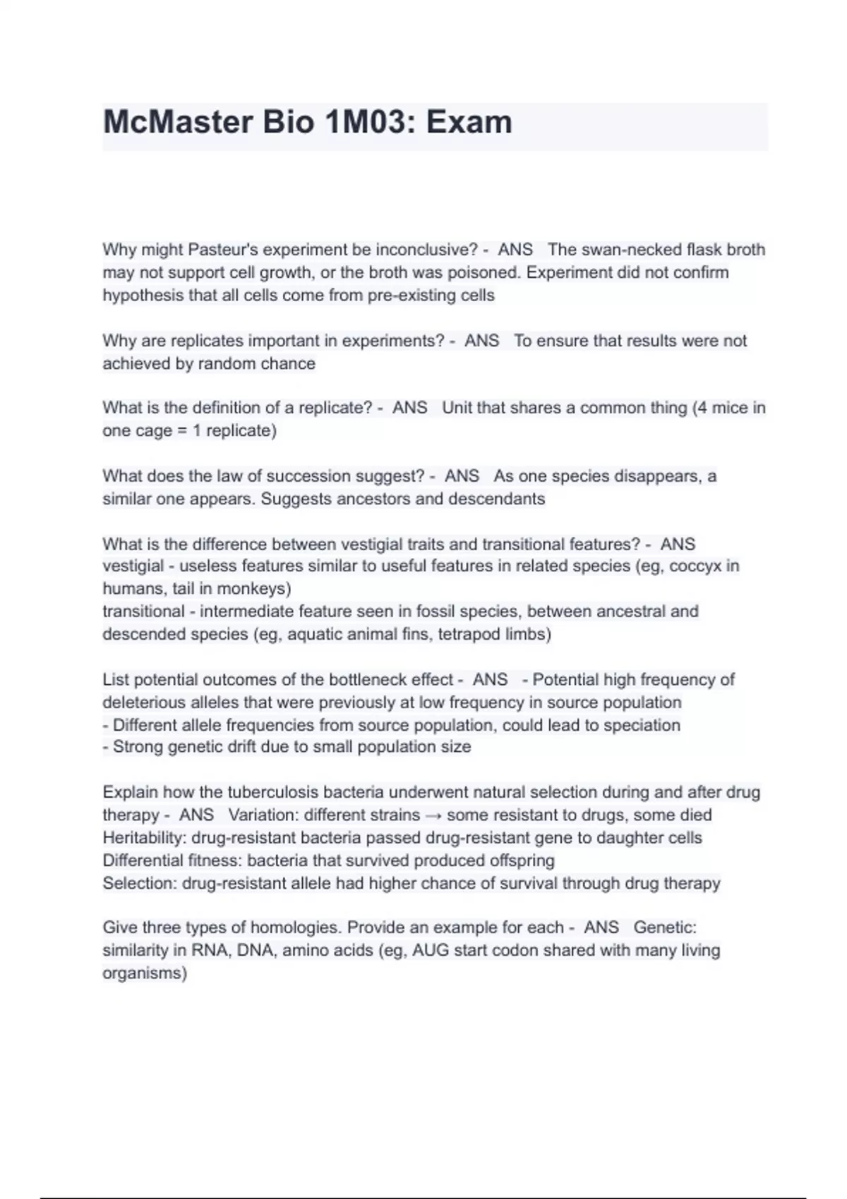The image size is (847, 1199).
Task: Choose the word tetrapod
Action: coord(469,634)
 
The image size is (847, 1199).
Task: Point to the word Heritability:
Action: coord(145,838)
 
